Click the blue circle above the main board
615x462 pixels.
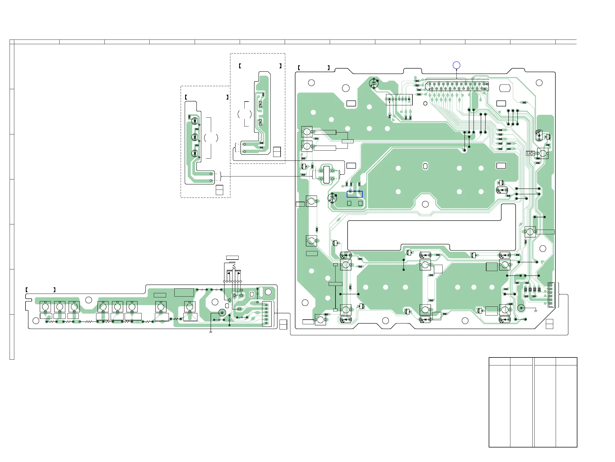(x=457, y=65)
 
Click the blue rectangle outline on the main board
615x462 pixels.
(x=354, y=194)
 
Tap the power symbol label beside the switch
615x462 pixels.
(x=530, y=153)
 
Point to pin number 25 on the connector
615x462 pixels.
(x=487, y=84)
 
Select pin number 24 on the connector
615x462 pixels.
(x=485, y=89)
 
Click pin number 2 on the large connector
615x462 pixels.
(x=429, y=89)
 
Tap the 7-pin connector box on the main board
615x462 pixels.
(x=399, y=100)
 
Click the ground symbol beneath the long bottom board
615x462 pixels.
(x=211, y=332)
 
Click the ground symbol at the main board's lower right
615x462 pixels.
(x=535, y=311)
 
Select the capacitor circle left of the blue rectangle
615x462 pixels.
(x=332, y=198)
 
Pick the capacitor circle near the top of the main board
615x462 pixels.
(x=374, y=83)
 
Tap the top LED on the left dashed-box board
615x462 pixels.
(x=195, y=121)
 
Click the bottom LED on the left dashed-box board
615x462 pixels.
(x=195, y=153)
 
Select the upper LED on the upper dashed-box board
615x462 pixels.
(x=260, y=105)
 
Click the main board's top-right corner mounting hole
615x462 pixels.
(x=539, y=83)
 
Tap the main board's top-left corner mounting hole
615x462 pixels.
(x=311, y=83)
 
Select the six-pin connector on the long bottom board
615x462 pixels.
(x=266, y=314)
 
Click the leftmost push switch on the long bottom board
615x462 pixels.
(x=45, y=307)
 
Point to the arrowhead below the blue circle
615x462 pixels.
(x=457, y=70)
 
